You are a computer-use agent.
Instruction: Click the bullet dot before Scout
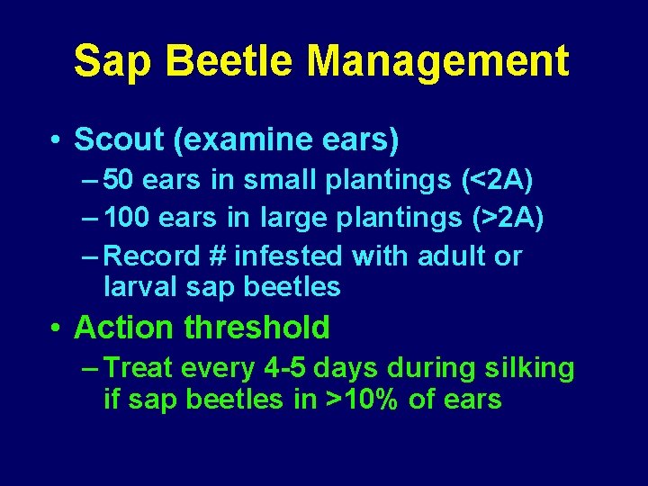pos(56,140)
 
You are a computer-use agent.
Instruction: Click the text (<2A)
pos(497,179)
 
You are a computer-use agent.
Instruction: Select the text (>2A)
pos(508,218)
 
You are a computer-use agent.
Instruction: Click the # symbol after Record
pos(217,256)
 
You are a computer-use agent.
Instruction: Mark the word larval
pos(146,287)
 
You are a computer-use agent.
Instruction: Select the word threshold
pos(256,328)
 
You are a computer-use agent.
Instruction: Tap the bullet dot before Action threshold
pos(56,328)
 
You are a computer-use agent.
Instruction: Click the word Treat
pos(139,368)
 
